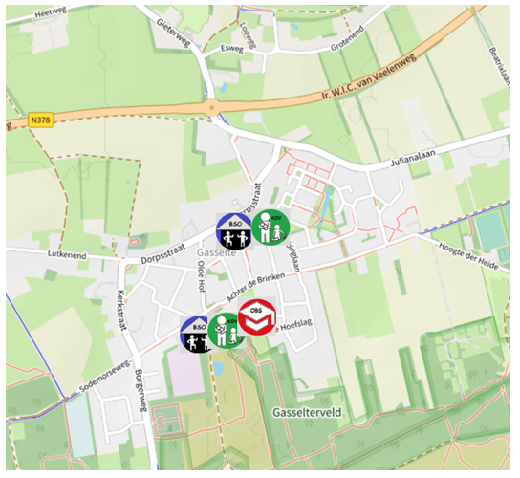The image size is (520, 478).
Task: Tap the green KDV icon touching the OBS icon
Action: click(227, 331)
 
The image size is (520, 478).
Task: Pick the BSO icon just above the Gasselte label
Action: click(232, 230)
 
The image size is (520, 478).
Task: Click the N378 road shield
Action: click(39, 119)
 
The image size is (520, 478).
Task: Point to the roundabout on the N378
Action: click(210, 107)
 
